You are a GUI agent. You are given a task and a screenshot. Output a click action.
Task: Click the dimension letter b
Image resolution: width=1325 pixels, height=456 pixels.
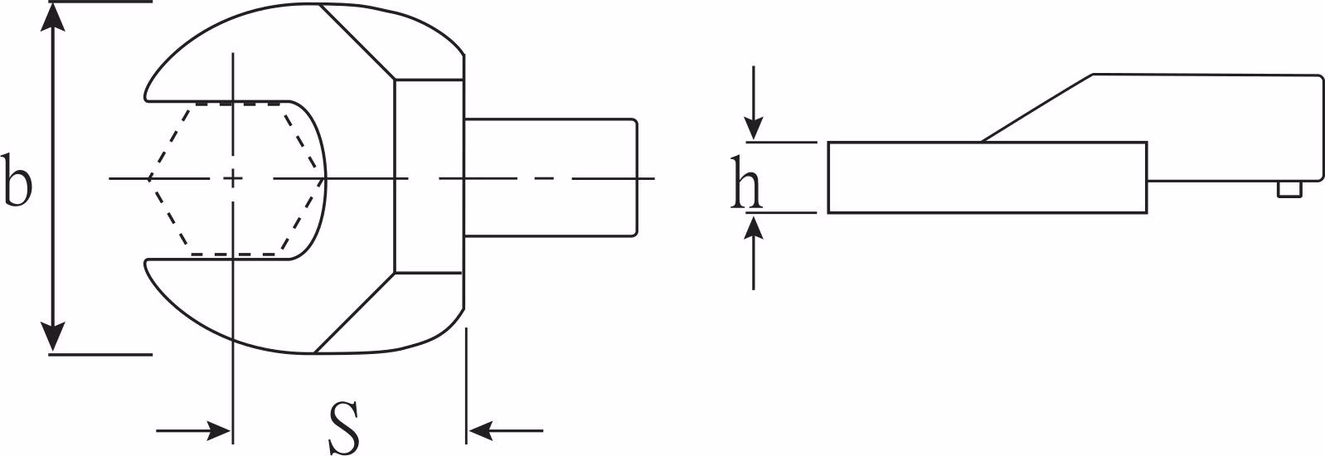click(x=17, y=180)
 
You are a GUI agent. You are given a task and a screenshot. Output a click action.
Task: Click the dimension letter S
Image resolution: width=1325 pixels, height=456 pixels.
click(x=343, y=427)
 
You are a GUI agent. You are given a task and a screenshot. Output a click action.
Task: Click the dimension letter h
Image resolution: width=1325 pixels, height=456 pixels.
click(x=746, y=182)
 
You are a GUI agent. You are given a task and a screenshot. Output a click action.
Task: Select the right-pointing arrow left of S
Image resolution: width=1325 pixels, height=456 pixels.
click(x=193, y=430)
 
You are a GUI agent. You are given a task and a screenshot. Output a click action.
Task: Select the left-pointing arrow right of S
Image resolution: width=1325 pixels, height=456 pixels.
click(x=505, y=430)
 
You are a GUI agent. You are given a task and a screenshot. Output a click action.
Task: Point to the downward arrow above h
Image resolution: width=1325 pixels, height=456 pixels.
click(x=753, y=104)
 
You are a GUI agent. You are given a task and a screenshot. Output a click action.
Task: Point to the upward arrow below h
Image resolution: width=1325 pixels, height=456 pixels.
click(x=753, y=251)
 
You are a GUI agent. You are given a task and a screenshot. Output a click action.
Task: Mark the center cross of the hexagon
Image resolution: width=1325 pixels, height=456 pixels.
click(x=233, y=178)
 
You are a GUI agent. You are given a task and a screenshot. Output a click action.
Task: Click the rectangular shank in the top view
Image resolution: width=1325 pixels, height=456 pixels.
click(x=551, y=178)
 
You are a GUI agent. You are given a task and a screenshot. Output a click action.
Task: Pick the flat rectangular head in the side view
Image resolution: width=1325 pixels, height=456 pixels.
click(x=988, y=177)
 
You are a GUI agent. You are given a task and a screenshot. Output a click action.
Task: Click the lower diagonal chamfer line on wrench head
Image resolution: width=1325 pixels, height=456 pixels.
click(x=355, y=313)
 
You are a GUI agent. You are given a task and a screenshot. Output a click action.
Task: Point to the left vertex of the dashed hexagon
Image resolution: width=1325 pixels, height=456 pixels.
click(x=148, y=178)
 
